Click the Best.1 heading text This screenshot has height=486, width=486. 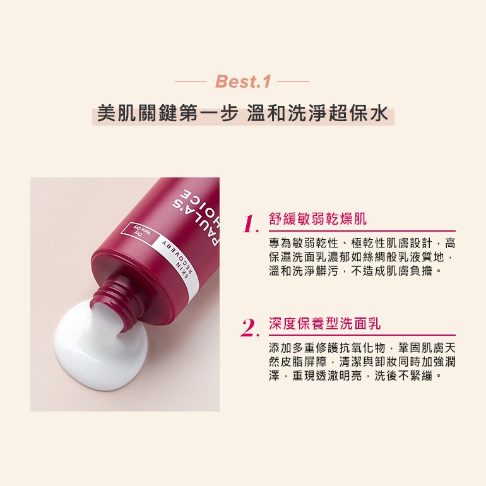(243, 81)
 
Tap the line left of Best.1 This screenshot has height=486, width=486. (191, 82)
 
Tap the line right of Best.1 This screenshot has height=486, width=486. (293, 82)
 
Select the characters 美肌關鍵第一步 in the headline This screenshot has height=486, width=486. (168, 114)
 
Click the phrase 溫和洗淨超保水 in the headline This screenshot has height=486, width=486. (317, 114)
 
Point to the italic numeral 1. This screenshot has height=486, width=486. (251, 223)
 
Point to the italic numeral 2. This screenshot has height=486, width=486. (250, 328)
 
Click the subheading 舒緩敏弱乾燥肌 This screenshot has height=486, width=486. (317, 219)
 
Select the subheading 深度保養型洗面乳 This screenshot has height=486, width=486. (325, 324)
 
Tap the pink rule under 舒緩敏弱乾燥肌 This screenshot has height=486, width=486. (362, 231)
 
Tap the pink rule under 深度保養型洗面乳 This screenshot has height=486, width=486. (362, 335)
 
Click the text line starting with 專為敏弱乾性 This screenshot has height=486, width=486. (362, 243)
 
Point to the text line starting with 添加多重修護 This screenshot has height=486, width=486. (362, 348)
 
